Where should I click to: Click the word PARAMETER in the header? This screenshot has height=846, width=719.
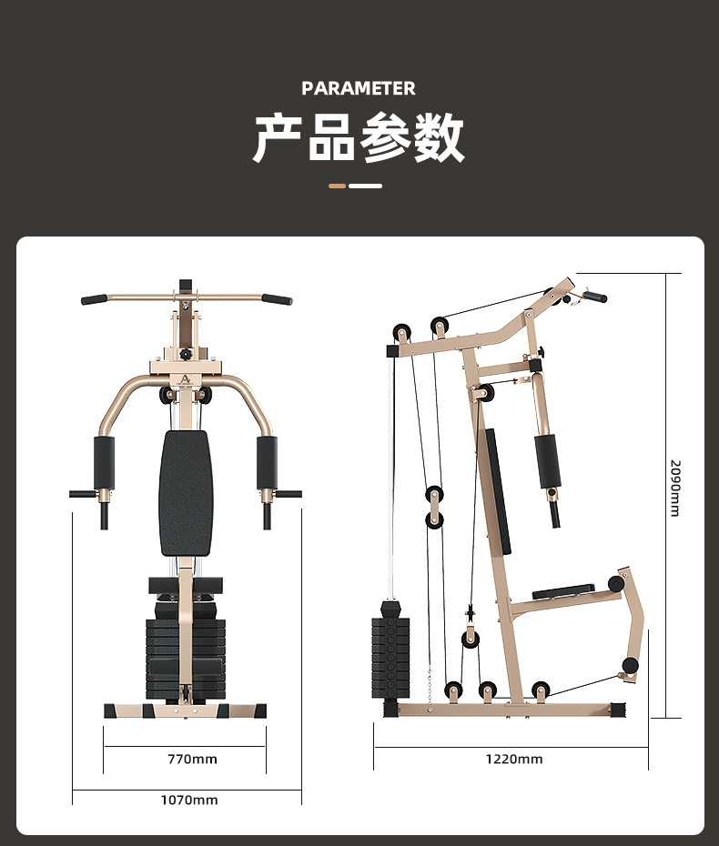coord(359,88)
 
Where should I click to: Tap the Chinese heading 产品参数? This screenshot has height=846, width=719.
coord(359,137)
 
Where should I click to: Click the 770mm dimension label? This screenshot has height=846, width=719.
coord(192,760)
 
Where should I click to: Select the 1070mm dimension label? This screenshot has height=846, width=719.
coord(189,800)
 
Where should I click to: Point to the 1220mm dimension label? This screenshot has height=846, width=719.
coord(514,760)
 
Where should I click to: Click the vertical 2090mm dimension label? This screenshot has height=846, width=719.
coord(674,488)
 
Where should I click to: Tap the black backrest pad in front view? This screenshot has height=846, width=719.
coord(186,493)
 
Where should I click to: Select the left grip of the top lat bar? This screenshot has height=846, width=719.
coord(94,299)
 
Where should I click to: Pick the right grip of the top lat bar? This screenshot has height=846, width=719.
coord(277,299)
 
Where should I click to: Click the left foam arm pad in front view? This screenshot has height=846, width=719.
coord(104,463)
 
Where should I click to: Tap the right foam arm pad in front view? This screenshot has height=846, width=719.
coord(267,463)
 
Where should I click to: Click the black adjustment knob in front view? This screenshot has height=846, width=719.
coord(186,355)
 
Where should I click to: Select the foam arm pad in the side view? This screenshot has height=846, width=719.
coord(548,461)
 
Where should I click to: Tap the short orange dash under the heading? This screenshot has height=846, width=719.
coord(338,186)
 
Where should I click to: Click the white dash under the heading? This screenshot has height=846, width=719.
coord(366,186)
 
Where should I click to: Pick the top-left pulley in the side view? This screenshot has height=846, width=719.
coord(401,333)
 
